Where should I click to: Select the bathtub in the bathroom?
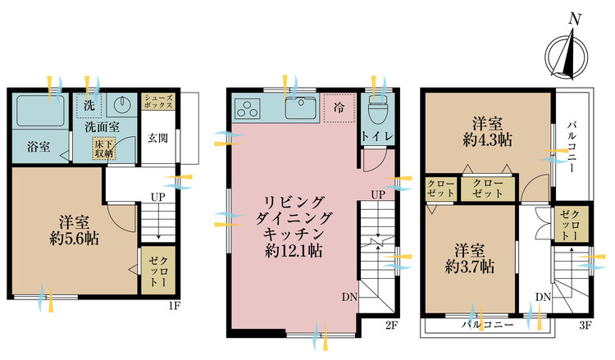41,110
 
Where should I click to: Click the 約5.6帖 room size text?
73,241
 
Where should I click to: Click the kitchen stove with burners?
248,107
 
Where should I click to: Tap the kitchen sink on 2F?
299,107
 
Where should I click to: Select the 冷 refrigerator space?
337,108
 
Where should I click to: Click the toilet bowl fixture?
378,108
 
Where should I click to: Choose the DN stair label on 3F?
542,296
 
